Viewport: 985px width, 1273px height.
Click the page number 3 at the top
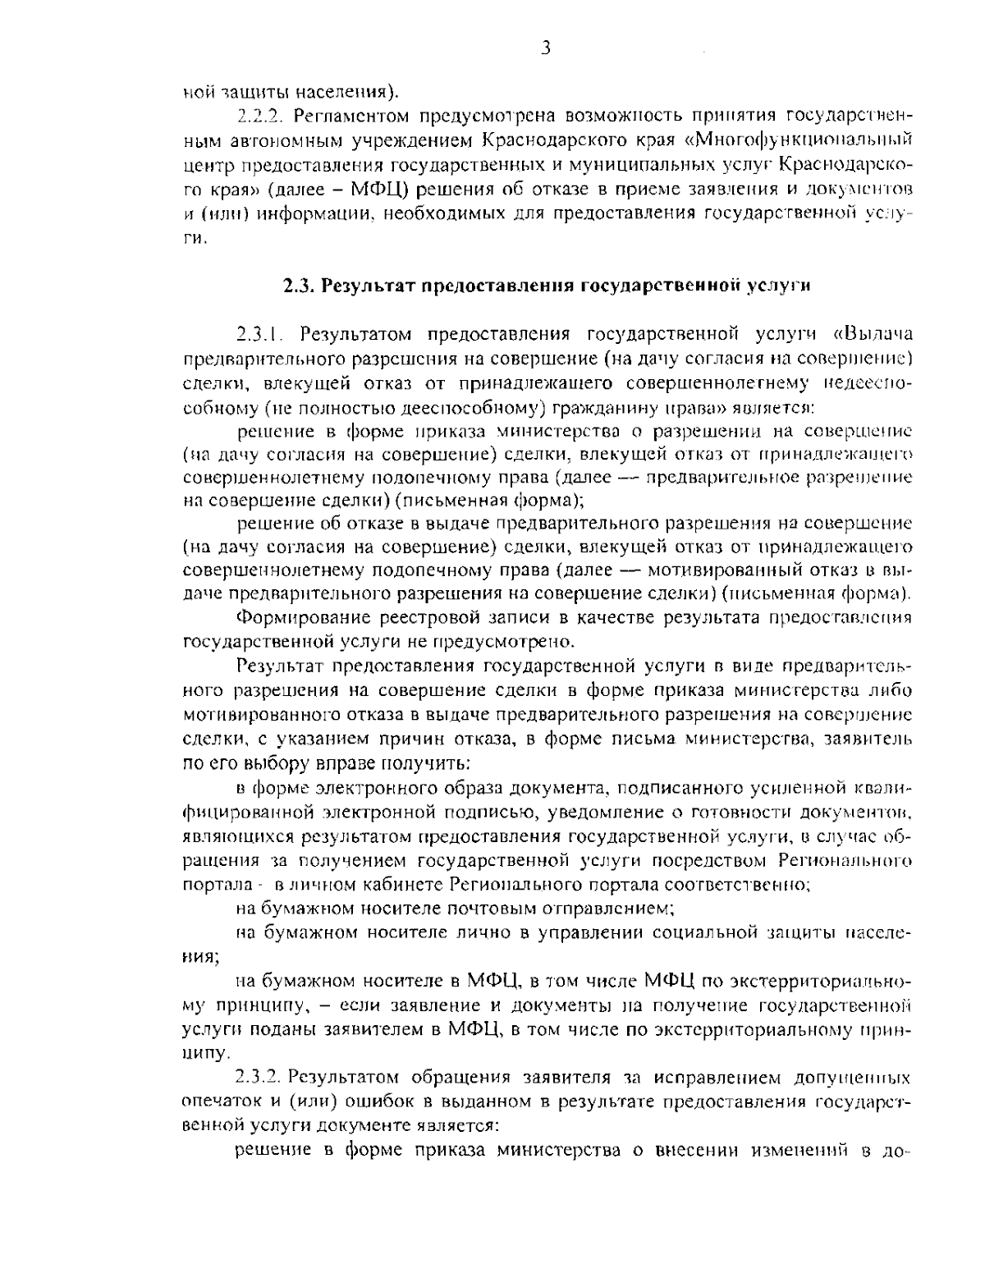(545, 48)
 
